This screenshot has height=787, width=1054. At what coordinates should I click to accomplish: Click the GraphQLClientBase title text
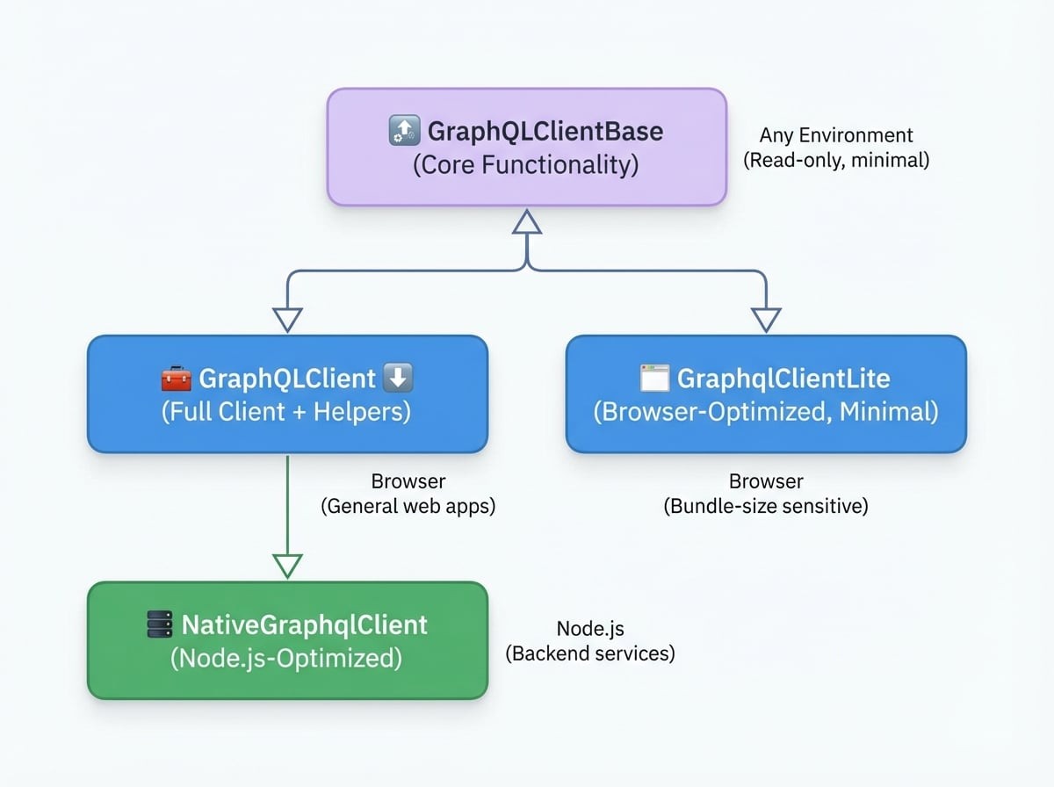(545, 132)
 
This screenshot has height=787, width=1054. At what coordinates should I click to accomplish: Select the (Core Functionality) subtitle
(526, 165)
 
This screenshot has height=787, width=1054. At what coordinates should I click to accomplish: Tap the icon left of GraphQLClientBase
(402, 132)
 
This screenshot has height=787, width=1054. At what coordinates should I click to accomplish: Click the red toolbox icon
(176, 379)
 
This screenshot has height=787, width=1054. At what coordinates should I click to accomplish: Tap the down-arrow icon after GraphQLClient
(399, 379)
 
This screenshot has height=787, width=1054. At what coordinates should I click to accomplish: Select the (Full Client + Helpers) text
(286, 412)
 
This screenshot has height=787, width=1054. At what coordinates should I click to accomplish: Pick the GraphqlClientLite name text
(783, 379)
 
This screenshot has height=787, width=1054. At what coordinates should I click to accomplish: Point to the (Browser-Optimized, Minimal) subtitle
(766, 412)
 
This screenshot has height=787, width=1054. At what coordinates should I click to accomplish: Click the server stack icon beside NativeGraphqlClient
(159, 625)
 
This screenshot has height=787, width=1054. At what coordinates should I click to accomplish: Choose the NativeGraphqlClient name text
(304, 625)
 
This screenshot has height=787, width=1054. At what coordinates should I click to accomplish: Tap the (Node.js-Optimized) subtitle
(286, 659)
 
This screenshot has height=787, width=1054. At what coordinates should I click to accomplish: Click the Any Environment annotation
(836, 135)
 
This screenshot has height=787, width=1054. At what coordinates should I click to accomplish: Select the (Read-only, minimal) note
(836, 160)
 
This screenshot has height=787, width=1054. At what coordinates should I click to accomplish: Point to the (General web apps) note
(408, 506)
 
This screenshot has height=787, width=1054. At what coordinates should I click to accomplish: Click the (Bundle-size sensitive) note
(766, 506)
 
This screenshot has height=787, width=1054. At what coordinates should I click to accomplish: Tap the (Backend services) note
(590, 653)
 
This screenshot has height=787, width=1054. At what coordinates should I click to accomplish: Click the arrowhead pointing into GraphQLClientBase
(527, 221)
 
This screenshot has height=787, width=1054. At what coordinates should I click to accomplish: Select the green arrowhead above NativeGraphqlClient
(287, 566)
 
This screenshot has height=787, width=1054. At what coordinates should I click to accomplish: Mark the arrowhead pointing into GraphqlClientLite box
(766, 320)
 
